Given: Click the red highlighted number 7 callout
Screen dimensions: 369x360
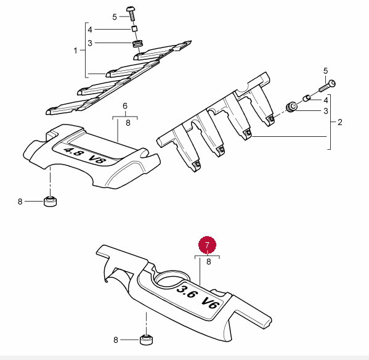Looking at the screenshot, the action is tap(207, 245).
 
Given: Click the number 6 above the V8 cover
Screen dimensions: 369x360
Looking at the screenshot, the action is tap(125, 106).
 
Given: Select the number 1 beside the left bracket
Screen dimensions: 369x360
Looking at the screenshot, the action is tap(75, 51).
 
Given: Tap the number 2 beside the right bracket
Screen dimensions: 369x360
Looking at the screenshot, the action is tap(339, 122).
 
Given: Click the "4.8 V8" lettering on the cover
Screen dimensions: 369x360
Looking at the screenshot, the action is tap(84, 155).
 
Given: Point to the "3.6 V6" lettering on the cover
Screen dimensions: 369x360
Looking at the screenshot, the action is tap(198, 297).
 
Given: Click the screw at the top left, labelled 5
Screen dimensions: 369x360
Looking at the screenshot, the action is tap(131, 14).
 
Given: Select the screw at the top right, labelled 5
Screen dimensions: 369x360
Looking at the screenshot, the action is tap(328, 86).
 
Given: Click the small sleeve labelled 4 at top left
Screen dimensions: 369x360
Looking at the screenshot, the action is tap(134, 29).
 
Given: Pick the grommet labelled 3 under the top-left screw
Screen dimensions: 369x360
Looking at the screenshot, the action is tap(137, 44).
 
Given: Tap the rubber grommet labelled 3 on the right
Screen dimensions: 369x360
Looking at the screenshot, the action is tap(291, 107).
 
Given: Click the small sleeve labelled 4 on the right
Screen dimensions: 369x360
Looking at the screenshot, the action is tap(306, 98).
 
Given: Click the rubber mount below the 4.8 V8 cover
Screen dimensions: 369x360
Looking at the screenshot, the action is tap(50, 201).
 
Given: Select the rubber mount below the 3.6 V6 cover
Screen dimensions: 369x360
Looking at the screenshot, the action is tap(146, 340).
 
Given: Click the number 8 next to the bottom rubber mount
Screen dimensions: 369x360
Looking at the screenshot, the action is tap(116, 340).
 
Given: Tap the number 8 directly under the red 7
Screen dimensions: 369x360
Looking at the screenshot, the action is tap(208, 261).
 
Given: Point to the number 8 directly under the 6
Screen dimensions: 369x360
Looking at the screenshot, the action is tap(128, 123).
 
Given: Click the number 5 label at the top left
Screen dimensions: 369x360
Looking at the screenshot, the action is tap(115, 17).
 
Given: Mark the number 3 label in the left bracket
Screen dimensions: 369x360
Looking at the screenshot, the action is tap(90, 43).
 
